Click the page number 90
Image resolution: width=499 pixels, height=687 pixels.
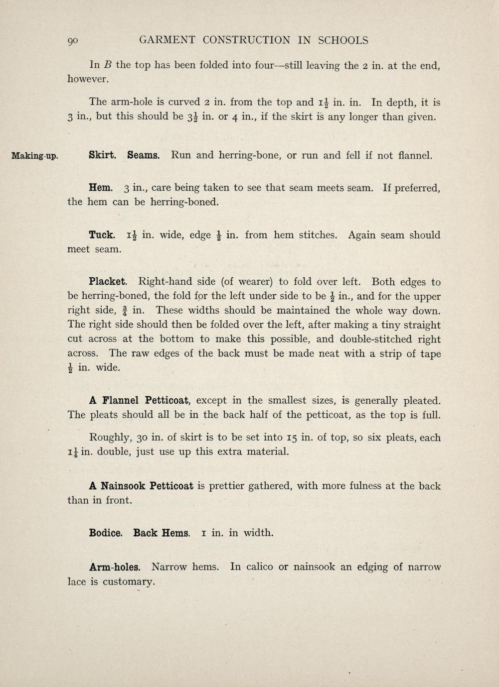73,41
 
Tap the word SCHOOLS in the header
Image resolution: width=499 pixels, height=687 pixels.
343,40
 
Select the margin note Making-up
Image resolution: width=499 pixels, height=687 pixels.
34,156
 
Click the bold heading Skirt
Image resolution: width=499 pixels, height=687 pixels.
102,155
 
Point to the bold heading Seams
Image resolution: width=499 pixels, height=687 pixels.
143,155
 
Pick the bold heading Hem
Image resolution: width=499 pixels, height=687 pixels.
101,188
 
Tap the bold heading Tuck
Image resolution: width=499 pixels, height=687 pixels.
102,235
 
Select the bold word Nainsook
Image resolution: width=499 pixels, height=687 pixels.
122,486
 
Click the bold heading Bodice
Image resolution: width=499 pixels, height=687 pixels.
106,533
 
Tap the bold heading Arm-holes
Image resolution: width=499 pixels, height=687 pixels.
115,567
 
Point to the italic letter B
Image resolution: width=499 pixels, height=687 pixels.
107,65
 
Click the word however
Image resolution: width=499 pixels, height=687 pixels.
88,79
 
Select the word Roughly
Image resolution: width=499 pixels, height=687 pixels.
110,438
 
